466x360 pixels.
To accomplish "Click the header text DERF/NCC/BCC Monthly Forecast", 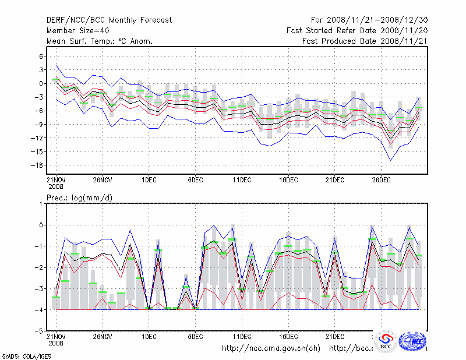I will [109, 20].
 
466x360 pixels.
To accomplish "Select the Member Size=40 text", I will [79, 31].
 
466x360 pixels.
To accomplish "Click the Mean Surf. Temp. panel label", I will [100, 41].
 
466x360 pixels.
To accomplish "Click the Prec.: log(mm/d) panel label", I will [80, 198].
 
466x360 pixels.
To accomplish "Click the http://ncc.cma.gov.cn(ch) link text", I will [271, 348].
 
